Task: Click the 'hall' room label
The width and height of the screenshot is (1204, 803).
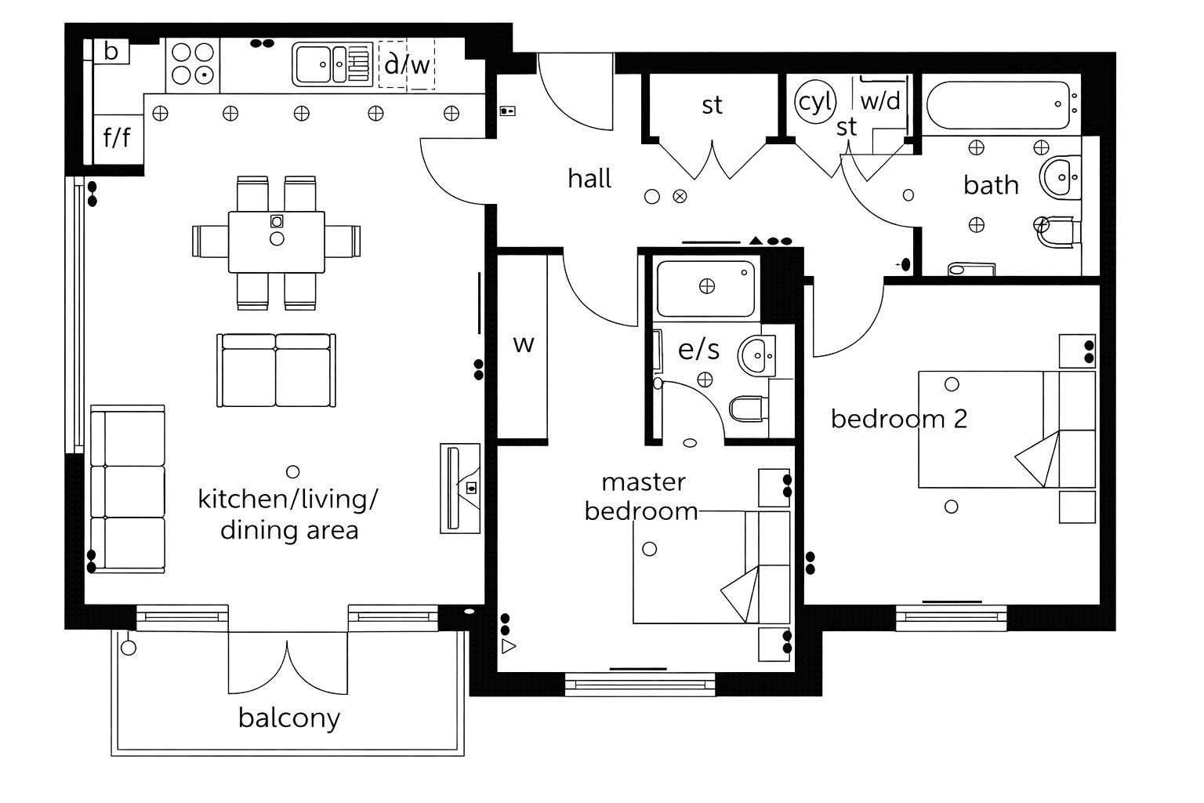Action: click(x=589, y=179)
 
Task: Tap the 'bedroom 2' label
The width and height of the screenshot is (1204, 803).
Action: click(x=898, y=419)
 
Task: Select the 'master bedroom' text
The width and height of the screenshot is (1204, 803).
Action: click(x=642, y=496)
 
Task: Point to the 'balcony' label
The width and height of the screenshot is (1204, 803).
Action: click(x=289, y=718)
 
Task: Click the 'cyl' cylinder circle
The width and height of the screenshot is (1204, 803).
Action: click(x=815, y=102)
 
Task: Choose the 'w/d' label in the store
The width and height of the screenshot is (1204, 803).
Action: click(x=880, y=101)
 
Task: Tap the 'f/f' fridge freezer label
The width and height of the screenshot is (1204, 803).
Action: click(x=118, y=139)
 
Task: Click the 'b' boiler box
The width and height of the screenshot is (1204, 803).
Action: click(x=111, y=52)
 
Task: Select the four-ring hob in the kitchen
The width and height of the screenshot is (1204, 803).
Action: click(x=193, y=64)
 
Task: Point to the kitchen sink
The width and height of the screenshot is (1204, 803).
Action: click(x=331, y=64)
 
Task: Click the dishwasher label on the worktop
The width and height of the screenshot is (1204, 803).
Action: click(x=407, y=64)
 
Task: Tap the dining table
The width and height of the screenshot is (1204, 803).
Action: click(x=276, y=242)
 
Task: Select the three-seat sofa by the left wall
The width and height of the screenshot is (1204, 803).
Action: click(x=127, y=490)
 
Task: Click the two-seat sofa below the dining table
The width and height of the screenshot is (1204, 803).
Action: click(x=276, y=369)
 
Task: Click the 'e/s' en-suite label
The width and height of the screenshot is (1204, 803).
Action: click(x=698, y=349)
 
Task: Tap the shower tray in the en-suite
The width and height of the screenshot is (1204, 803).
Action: click(x=705, y=287)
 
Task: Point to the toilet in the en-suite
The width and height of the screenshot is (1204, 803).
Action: click(x=746, y=409)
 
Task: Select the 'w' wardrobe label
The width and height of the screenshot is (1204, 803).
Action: click(x=523, y=343)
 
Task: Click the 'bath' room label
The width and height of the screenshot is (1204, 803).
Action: click(x=991, y=185)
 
